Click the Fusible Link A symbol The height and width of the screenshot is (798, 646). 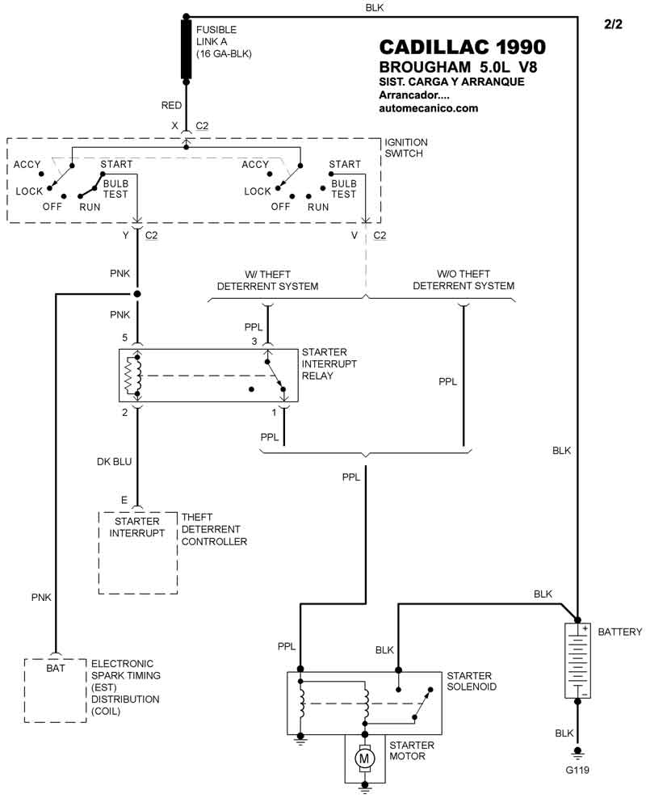click(x=187, y=50)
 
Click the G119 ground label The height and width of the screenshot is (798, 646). click(x=577, y=771)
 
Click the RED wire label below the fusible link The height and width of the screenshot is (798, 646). click(x=172, y=106)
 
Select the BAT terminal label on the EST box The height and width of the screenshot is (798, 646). click(x=56, y=668)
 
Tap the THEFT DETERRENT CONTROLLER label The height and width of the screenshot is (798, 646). click(x=214, y=529)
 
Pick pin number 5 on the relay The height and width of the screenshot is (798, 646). click(x=125, y=337)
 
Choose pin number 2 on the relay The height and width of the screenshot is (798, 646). click(x=125, y=412)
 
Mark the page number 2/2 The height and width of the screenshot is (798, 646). click(x=614, y=25)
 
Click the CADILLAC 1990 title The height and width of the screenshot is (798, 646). click(x=462, y=47)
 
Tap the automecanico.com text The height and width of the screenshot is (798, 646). click(x=428, y=108)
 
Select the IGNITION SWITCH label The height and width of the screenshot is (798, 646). click(x=407, y=148)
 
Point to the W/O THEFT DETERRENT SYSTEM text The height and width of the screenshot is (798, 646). click(x=464, y=280)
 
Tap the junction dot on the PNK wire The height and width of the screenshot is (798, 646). click(x=138, y=293)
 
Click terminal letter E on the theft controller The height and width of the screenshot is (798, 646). click(x=124, y=500)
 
